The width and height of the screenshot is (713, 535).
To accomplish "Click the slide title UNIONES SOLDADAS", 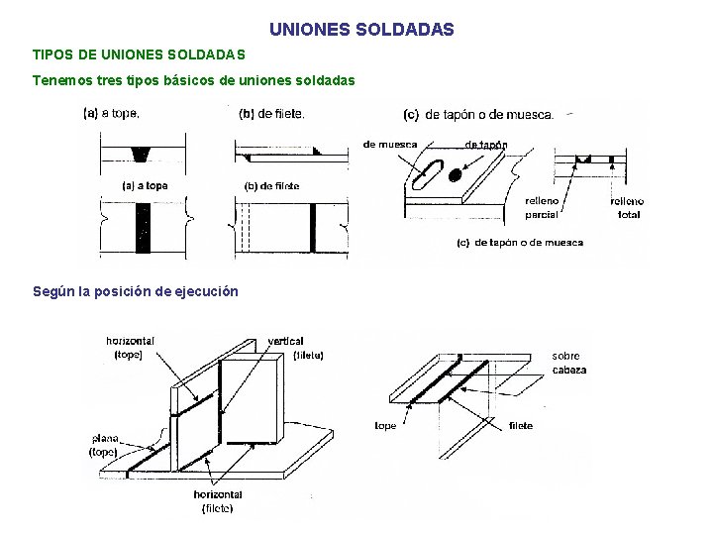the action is pos(361,30).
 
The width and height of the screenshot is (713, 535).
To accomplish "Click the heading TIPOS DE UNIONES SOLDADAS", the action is pos(139,53).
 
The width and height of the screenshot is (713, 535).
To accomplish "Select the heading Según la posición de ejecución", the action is pos(136,291).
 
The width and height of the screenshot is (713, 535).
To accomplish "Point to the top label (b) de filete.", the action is pos(272,113).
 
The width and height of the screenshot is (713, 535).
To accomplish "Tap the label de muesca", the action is pos(390,145).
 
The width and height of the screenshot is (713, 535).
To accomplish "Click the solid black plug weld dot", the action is pos(455,175).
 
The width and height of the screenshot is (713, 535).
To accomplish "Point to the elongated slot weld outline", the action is pos(423,175).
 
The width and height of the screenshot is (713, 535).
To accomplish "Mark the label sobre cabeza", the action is pos(568,363).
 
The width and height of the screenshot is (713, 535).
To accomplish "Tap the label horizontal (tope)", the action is pos(130,348).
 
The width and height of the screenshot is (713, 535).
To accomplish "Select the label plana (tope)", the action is pos(105,445).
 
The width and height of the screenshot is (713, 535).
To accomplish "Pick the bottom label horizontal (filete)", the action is pos(218,501).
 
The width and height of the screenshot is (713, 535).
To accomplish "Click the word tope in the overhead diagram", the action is pos(385,426).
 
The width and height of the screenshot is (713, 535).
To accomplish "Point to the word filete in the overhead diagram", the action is pos(520,426).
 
